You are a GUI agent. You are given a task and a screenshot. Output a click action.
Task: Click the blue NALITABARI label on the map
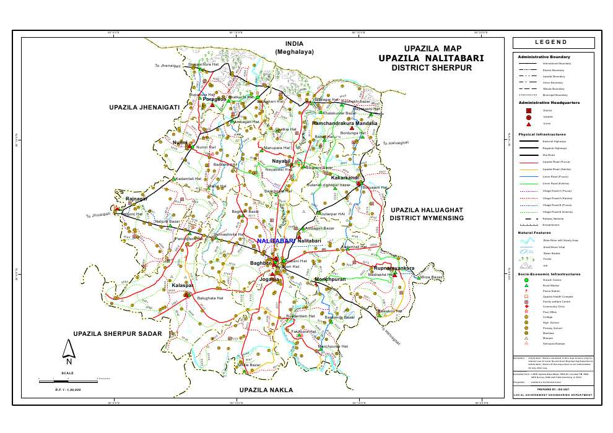click(x=277, y=240)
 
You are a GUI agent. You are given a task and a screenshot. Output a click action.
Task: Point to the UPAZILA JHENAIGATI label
click(x=144, y=108)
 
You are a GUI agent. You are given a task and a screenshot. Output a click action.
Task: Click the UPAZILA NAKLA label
click(x=266, y=390)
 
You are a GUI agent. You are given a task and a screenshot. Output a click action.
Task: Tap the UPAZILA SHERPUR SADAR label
click(x=118, y=334)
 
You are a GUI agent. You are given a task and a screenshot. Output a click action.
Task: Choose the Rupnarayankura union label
click(x=394, y=268)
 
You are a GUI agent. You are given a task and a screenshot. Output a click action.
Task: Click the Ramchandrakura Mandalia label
click(x=344, y=124)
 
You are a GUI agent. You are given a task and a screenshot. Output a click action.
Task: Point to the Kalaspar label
click(x=183, y=285)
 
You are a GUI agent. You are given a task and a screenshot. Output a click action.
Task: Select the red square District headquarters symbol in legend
click(x=528, y=110)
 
